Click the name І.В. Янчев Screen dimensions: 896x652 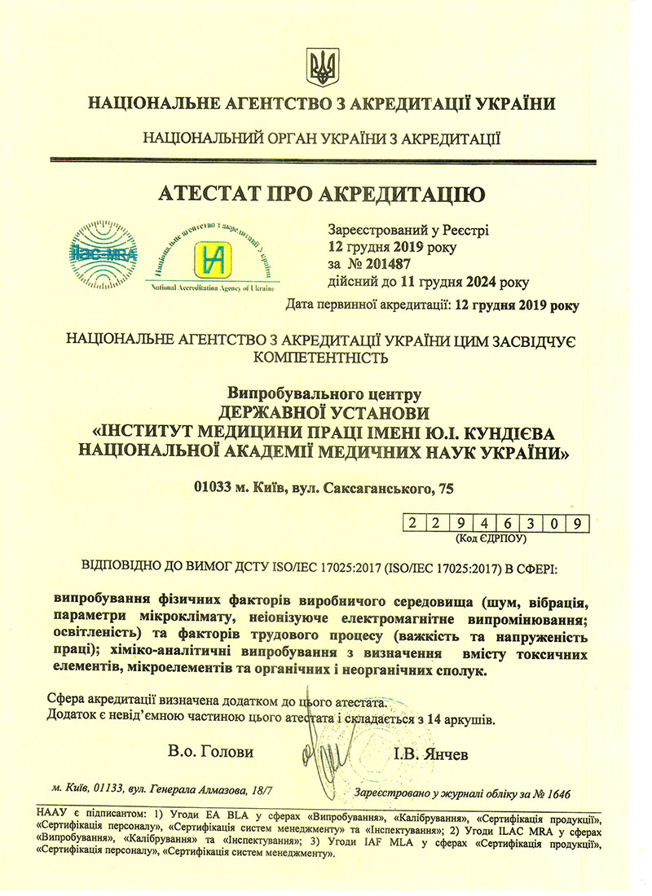[x=430, y=754]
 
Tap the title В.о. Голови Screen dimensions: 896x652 [x=211, y=751]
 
